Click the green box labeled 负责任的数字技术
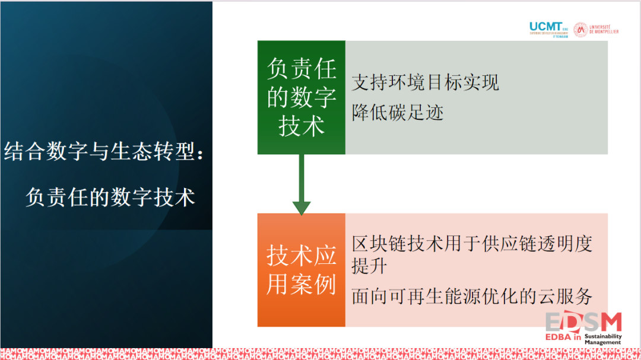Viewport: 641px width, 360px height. [x=301, y=98]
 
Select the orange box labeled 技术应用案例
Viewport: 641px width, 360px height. [x=301, y=270]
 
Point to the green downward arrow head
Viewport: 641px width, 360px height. [x=302, y=207]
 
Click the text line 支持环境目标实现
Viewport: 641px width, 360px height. [x=425, y=82]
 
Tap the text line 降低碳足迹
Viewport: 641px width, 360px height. [x=398, y=112]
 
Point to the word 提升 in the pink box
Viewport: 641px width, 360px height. [x=369, y=266]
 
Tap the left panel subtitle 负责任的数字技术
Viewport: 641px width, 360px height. [x=110, y=197]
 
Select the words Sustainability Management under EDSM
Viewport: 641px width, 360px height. [x=603, y=339]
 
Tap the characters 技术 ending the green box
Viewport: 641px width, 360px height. [x=302, y=126]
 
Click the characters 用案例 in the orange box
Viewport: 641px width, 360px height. [x=301, y=284]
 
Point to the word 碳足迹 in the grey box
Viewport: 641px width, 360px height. [x=416, y=112]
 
